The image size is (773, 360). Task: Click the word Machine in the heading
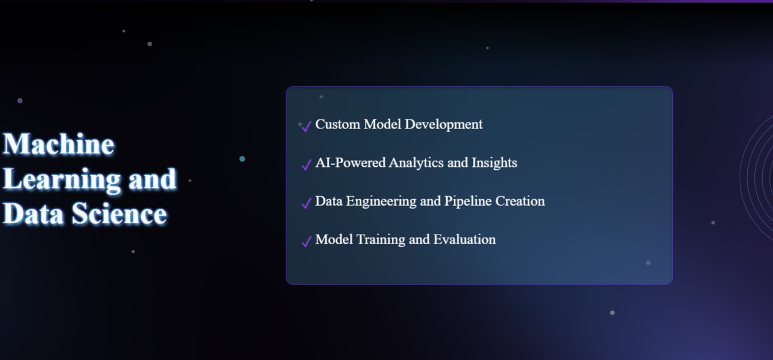59,143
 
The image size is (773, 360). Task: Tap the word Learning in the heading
62,179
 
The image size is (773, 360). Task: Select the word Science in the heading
119,214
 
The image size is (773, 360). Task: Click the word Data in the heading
33,214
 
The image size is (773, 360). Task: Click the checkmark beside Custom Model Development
307,126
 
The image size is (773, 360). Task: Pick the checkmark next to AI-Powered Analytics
307,164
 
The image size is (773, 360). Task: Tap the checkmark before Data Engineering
307,203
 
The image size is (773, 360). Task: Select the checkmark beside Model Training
307,241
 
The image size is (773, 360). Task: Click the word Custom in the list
338,124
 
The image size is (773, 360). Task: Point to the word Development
444,125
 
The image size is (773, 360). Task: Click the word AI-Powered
350,163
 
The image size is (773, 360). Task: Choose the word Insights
494,163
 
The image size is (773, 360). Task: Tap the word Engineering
381,202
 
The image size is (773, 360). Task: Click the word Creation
520,201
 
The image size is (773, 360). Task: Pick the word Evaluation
465,239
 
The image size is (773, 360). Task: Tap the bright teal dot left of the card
242,159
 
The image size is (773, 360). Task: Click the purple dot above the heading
20,100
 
